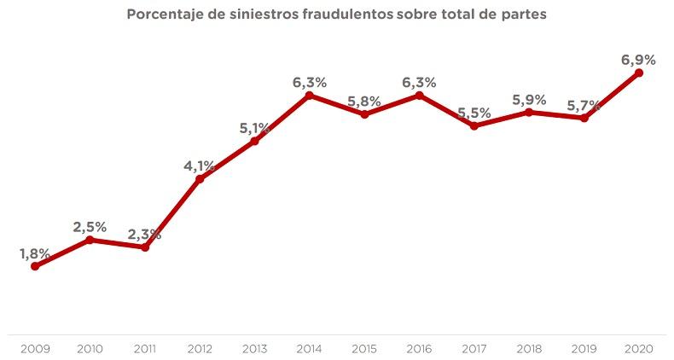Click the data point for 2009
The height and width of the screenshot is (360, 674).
click(35, 266)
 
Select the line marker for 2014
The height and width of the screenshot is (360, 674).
click(310, 95)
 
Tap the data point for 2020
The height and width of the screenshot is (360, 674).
click(639, 73)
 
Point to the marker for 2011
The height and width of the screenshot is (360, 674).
click(145, 247)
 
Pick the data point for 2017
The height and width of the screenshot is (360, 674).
click(474, 125)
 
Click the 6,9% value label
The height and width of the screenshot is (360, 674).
click(638, 60)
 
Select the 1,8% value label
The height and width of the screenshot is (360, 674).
click(35, 253)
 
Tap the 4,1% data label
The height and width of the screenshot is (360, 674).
click(200, 165)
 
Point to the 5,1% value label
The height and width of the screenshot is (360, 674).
click(255, 128)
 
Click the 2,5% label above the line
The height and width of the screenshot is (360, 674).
click(90, 227)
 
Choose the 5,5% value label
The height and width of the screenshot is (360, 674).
click(474, 113)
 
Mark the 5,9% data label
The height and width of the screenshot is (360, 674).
click(529, 99)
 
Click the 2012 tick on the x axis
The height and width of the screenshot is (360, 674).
click(200, 348)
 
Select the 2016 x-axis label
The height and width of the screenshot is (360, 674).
click(419, 348)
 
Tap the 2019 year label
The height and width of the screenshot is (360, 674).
click(584, 348)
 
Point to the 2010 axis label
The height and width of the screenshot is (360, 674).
click(90, 348)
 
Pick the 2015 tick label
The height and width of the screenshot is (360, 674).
click(364, 348)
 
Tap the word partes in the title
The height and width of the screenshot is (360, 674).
click(520, 15)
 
